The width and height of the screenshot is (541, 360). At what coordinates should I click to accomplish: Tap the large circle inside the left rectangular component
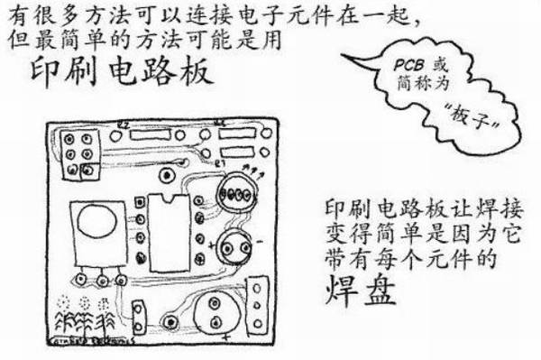coord(93,221)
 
